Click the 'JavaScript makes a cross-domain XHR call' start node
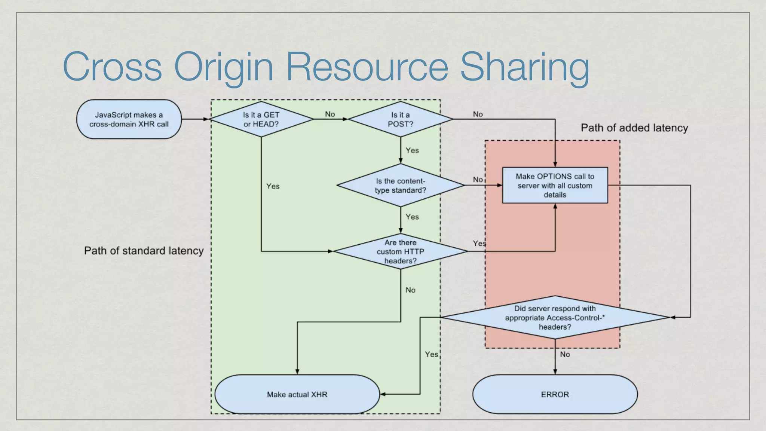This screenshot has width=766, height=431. tap(129, 119)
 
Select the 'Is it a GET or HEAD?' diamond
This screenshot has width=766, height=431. tap(261, 119)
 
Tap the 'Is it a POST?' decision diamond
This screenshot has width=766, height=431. tap(400, 119)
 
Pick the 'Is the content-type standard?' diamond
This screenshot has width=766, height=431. tap(400, 186)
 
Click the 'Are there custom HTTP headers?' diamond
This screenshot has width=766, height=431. tap(400, 251)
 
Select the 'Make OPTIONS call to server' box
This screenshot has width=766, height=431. tap(555, 186)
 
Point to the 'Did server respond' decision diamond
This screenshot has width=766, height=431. tap(555, 318)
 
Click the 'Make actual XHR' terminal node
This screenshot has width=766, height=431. tap(297, 394)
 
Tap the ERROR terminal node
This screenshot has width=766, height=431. tap(555, 394)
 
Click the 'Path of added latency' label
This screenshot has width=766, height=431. tap(634, 128)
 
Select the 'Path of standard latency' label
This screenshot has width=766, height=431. tap(144, 251)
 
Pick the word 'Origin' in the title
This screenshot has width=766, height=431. tap(224, 67)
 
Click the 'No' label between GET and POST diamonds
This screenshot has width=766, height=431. tap(330, 114)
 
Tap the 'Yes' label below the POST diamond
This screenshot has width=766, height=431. tap(412, 150)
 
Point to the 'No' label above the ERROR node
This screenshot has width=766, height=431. tap(565, 354)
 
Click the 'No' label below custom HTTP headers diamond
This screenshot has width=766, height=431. tap(410, 290)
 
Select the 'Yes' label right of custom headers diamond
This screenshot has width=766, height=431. tap(479, 244)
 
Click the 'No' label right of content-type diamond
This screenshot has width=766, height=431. tap(478, 180)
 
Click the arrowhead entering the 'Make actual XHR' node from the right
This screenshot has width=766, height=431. tap(383, 394)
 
